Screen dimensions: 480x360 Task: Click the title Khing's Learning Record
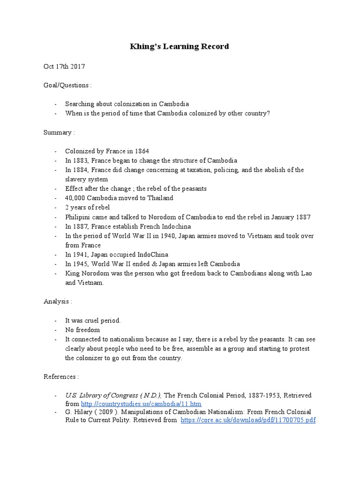tap(180, 47)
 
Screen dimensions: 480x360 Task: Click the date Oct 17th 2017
tap(64, 67)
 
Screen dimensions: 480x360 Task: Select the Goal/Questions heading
tap(67, 85)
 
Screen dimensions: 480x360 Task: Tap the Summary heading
tap(59, 132)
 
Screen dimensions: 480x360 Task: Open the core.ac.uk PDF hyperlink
tap(248, 420)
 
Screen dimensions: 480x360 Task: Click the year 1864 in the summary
tap(141, 151)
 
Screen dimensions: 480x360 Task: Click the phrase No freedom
tap(82, 330)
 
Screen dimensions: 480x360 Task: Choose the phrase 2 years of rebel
tap(88, 207)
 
